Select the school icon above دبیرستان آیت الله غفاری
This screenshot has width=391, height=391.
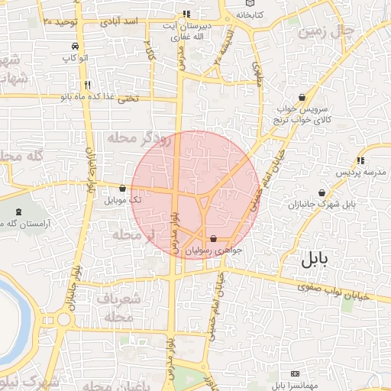click(x=186, y=15)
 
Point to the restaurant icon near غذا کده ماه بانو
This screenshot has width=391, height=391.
click(x=89, y=86)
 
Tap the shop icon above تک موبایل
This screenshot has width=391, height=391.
click(x=122, y=188)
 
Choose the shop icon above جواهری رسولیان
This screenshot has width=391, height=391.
click(x=212, y=239)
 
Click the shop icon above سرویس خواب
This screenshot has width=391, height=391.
click(x=302, y=98)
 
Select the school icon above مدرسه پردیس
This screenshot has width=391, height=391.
click(x=359, y=160)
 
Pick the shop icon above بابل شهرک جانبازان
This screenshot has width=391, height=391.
click(x=322, y=193)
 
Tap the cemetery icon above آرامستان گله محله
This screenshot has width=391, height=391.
click(x=19, y=211)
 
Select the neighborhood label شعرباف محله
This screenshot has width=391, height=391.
click(x=118, y=307)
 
